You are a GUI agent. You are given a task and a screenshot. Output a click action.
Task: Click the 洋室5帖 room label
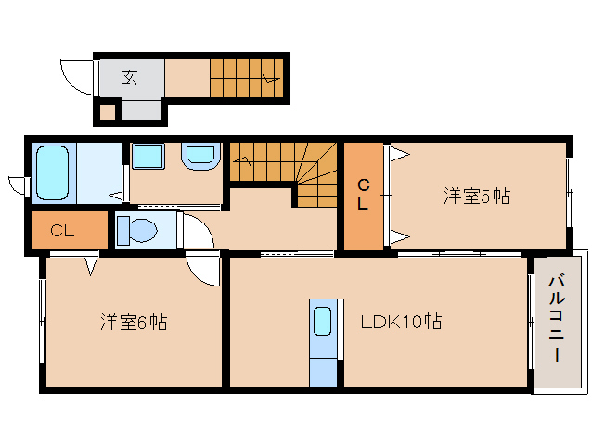[x=476, y=196]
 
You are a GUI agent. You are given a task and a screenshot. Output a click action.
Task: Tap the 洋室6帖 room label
[x=134, y=323]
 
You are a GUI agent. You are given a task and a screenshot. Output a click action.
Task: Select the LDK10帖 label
[x=400, y=323]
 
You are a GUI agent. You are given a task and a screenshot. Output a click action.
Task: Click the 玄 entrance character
[x=130, y=78]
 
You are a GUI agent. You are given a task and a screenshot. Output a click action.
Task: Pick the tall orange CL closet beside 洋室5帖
[x=364, y=197]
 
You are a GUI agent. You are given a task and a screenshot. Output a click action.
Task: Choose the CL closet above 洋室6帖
[x=63, y=231]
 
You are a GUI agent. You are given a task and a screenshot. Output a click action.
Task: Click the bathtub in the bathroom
[x=53, y=172]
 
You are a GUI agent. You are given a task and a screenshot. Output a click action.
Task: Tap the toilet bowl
[x=135, y=229]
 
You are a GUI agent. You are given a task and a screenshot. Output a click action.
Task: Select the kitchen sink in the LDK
[x=322, y=322]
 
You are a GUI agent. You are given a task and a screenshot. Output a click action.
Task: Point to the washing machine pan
[x=199, y=157]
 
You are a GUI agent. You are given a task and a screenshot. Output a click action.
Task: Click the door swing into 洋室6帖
[x=202, y=270]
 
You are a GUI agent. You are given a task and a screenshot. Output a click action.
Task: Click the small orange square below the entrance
[x=107, y=112]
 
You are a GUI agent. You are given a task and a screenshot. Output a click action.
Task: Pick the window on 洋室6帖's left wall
[x=42, y=320]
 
